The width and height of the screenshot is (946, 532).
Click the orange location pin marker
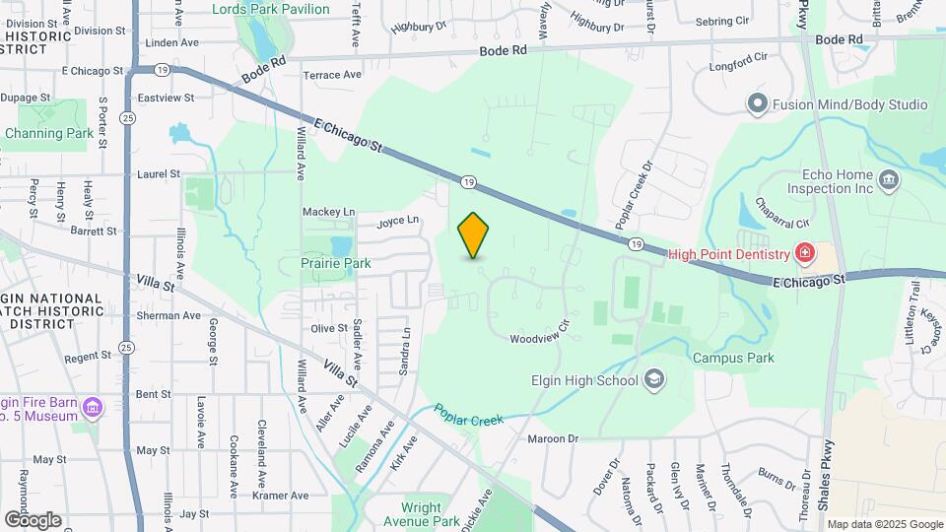point(474,235)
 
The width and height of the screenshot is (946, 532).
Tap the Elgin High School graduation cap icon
point(653,379)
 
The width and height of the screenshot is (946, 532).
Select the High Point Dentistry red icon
point(805,254)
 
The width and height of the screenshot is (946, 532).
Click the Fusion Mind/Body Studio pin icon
point(757,103)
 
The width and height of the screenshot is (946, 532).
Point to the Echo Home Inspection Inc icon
point(888,179)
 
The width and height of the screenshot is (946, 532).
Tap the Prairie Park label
point(336,263)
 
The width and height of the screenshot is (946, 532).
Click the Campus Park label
point(732,359)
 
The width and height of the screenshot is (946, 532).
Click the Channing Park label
point(49,133)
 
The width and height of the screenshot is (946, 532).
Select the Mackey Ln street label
point(328,212)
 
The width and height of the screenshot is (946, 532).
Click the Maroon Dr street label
point(552,438)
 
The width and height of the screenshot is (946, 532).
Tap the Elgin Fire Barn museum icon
point(93,407)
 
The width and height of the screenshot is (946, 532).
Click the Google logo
point(33,519)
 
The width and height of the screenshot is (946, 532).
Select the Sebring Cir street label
point(722,21)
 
